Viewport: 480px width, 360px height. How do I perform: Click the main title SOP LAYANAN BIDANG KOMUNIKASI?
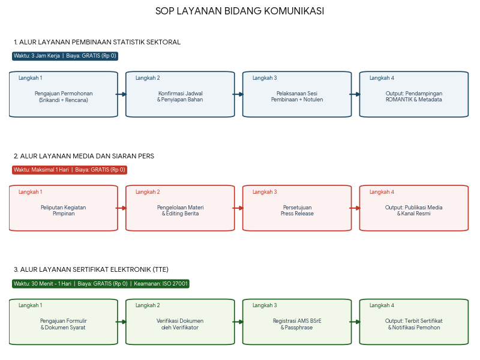pos(239,11)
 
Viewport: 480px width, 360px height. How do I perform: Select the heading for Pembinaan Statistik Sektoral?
pos(97,42)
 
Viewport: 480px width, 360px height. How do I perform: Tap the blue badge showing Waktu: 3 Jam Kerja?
pos(65,56)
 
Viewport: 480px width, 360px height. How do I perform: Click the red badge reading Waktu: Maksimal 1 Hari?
pos(70,170)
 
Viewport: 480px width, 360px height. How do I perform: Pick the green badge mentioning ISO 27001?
pos(101,283)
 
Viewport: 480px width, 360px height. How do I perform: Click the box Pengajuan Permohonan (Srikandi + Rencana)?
pos(64,94)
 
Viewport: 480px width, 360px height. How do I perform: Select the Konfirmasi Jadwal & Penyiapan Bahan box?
pos(180,94)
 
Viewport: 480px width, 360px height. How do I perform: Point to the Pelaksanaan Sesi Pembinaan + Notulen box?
pos(297,94)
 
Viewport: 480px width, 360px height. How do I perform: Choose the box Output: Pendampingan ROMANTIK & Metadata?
pos(414,94)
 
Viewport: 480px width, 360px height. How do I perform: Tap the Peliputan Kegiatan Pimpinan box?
pos(64,208)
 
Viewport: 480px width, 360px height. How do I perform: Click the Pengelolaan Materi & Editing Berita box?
pos(180,208)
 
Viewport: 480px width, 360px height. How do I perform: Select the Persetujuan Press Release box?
pos(297,208)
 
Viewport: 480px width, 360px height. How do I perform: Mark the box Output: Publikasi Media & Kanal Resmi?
pos(414,208)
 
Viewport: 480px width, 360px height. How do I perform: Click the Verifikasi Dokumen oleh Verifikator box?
pos(180,322)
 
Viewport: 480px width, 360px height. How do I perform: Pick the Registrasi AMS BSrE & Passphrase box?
pos(297,322)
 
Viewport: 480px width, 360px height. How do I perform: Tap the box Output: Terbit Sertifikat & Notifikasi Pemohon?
pos(414,322)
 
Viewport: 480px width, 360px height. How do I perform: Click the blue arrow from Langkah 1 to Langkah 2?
pos(121,94)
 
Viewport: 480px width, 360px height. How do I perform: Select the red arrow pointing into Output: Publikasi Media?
pos(355,208)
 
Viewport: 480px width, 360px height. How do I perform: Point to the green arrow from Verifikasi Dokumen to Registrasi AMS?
pos(238,322)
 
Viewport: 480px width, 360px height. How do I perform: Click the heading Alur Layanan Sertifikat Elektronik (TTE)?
pos(91,269)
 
